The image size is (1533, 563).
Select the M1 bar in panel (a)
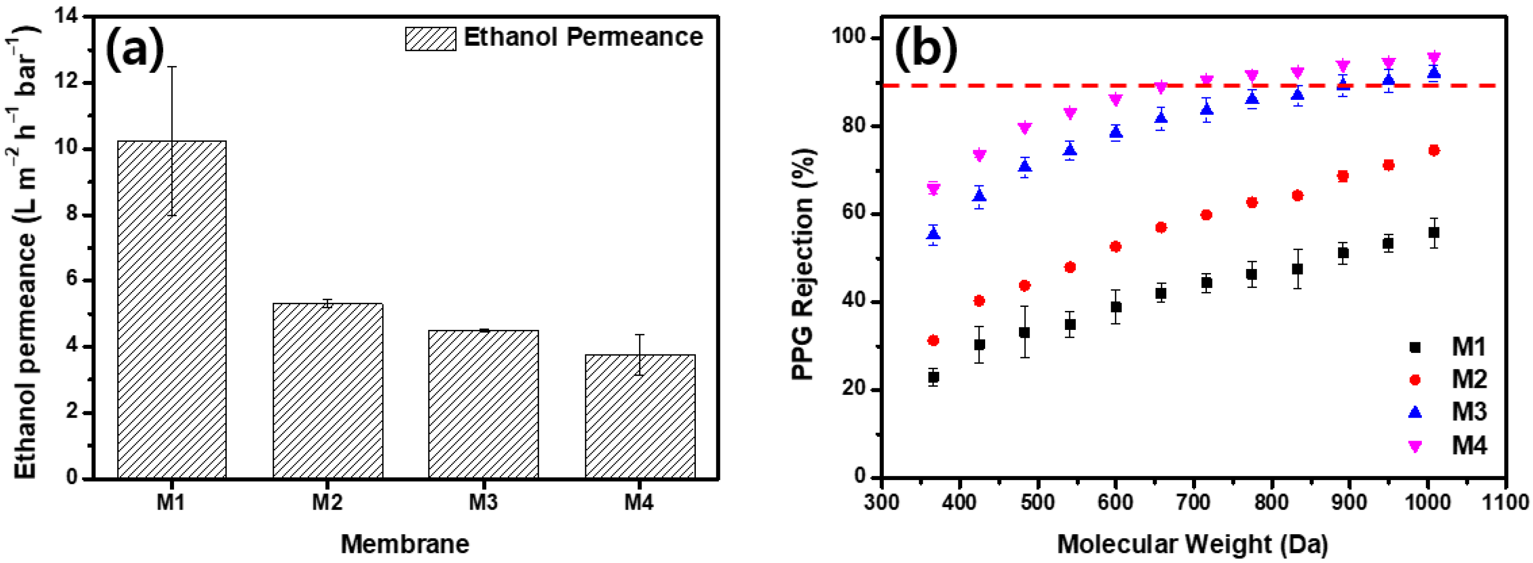point(172,309)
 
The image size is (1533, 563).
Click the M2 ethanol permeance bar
point(327,390)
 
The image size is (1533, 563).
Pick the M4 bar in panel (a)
point(640,416)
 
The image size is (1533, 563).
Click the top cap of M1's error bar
point(172,67)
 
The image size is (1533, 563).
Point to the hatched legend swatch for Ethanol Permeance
point(430,39)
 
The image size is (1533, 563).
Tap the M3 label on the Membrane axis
point(483,503)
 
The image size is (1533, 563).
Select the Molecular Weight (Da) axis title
point(1193,544)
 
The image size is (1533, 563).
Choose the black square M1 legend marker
point(1415,347)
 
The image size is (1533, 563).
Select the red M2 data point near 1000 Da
point(1434,151)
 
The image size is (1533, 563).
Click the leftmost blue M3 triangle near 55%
point(933,234)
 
